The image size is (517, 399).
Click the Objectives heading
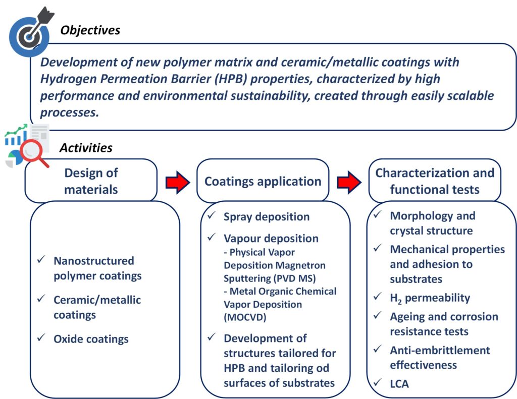(x=90, y=30)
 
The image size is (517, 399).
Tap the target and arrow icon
(x=30, y=32)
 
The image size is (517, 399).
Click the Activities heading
(x=86, y=148)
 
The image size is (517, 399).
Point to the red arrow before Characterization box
(x=349, y=182)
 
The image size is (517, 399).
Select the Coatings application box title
(x=263, y=181)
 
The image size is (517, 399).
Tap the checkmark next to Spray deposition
(x=212, y=215)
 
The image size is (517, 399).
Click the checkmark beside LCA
(x=378, y=382)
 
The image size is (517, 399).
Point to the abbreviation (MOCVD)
(x=245, y=317)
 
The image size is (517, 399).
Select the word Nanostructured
(x=94, y=261)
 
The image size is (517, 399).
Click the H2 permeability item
(x=430, y=298)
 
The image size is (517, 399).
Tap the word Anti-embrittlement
(x=440, y=350)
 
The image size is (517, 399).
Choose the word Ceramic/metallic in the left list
(x=97, y=300)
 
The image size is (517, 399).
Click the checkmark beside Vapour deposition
(x=212, y=237)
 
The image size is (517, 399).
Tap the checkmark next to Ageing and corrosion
(x=378, y=315)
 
